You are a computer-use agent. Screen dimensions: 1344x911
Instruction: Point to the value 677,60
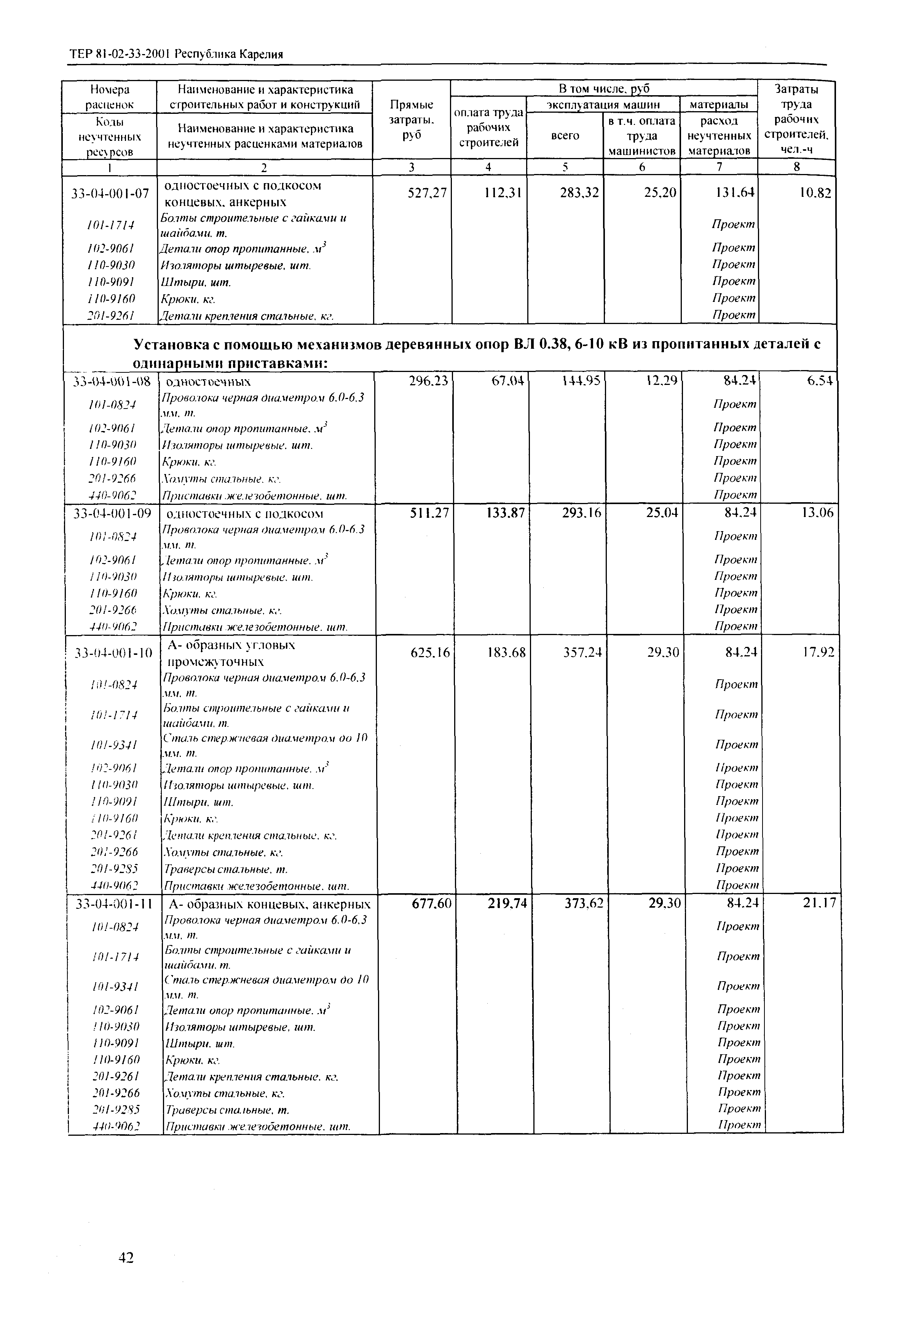point(431,903)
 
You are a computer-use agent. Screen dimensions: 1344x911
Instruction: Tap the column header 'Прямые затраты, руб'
point(411,120)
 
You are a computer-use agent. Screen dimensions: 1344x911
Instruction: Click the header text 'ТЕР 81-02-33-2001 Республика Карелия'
point(176,55)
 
